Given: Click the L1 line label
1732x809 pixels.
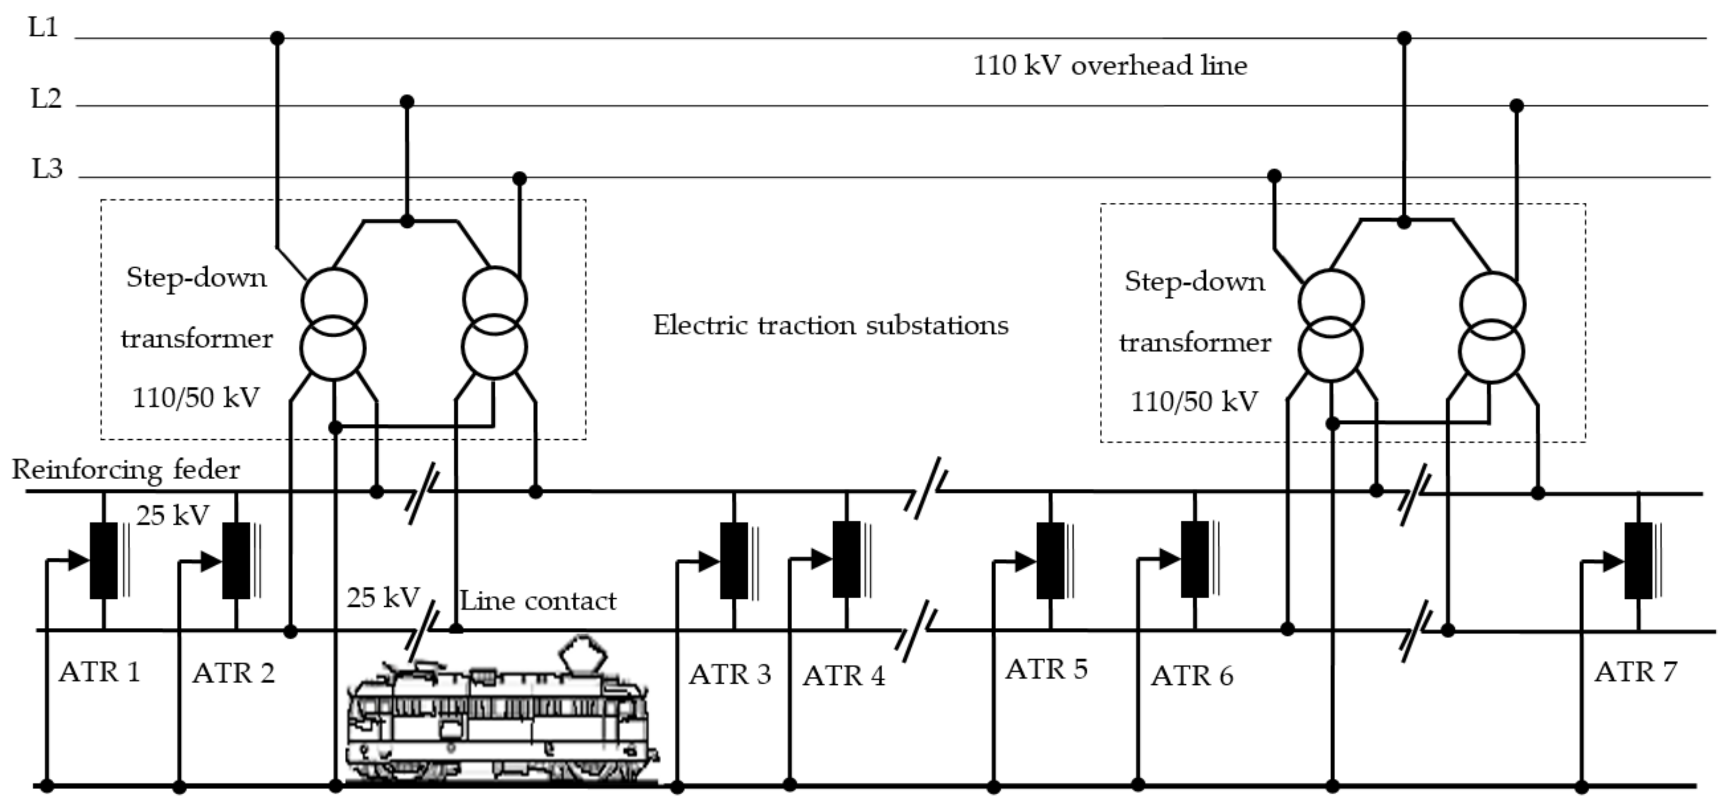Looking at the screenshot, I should tap(43, 28).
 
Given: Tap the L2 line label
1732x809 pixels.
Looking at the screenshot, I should tap(46, 99).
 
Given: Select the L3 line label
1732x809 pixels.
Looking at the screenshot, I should tap(47, 168).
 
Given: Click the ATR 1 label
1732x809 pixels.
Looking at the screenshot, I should tap(99, 672).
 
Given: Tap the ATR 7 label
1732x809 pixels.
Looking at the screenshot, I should tap(1635, 672).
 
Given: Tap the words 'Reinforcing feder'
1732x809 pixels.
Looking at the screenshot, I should tap(126, 470).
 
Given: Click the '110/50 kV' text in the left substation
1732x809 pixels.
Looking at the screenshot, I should tap(196, 398).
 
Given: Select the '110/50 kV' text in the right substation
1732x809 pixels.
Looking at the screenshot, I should tap(1194, 402).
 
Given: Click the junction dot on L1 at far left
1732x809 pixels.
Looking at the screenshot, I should tap(277, 38).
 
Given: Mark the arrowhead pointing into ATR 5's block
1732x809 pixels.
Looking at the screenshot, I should tap(1025, 561).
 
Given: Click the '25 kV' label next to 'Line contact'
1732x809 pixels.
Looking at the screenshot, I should tap(383, 597).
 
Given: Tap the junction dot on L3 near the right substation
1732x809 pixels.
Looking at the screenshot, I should tap(1273, 176).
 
